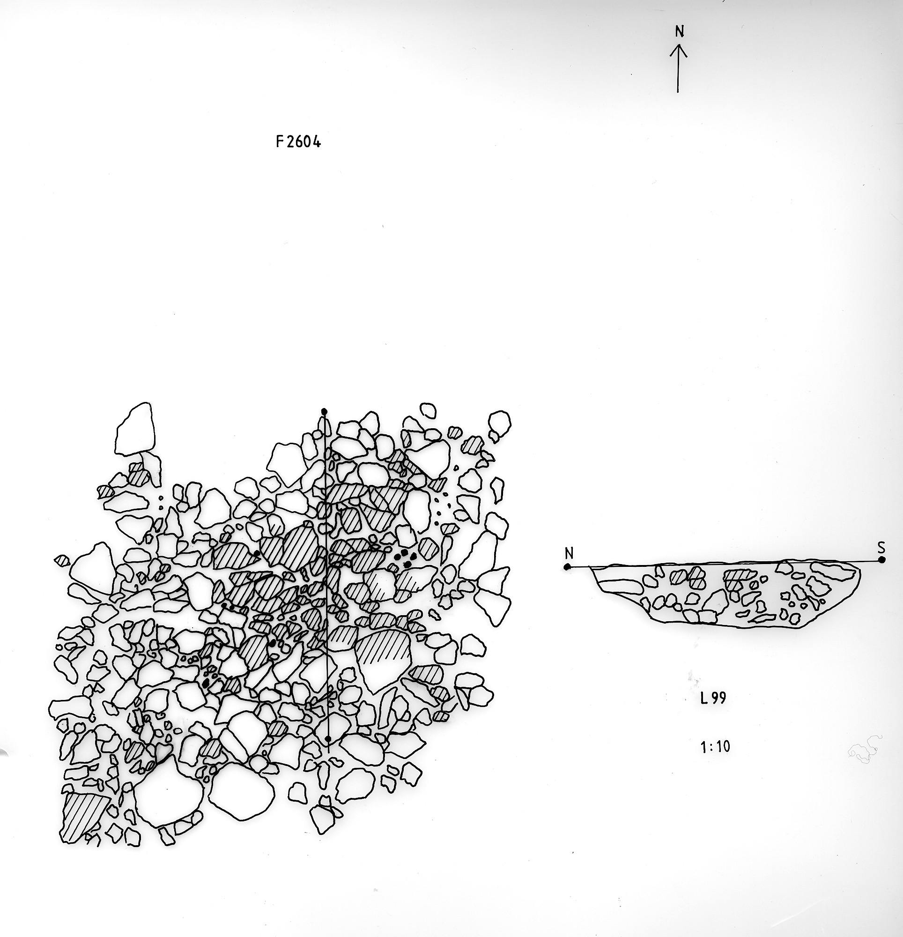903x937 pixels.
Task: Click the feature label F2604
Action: (x=298, y=141)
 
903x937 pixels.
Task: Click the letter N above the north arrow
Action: (x=679, y=31)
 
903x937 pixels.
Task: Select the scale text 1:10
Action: (x=715, y=746)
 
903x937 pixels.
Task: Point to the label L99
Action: (x=713, y=699)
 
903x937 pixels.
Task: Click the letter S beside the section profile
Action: (x=881, y=547)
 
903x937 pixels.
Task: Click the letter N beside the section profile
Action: (x=569, y=554)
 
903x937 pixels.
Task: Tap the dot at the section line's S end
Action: (x=881, y=560)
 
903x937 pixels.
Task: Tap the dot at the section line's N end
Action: (x=567, y=567)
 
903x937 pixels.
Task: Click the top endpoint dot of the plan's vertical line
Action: (x=324, y=412)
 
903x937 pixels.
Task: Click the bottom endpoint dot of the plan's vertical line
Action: (x=327, y=739)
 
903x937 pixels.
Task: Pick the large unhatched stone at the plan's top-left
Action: (x=136, y=428)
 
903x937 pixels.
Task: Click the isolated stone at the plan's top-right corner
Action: (x=500, y=423)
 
